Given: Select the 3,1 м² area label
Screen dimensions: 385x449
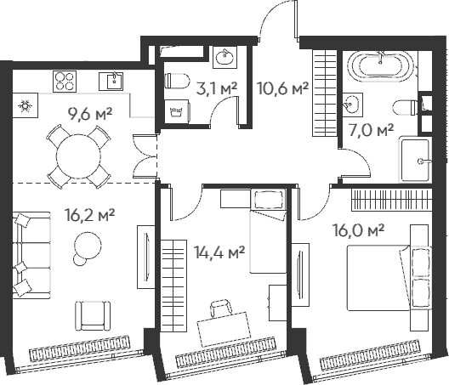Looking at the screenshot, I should click(216, 86).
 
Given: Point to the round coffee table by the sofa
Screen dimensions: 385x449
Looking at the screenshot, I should click(88, 247).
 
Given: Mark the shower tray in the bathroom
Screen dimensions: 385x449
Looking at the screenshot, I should click(418, 158).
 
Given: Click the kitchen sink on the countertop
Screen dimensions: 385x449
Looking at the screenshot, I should click(112, 82).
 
